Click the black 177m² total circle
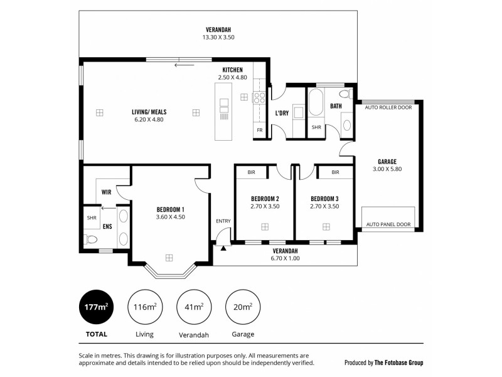[97, 307]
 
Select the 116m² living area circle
[145, 307]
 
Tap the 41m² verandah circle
[194, 307]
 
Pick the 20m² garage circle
[242, 307]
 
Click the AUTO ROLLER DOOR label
[388, 107]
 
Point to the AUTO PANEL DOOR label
[388, 224]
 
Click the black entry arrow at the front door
[223, 248]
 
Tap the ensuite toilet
[91, 239]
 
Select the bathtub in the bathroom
[316, 102]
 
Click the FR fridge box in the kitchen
[259, 131]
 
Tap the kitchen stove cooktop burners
[259, 97]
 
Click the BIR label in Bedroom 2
[251, 172]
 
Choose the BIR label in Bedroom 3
[335, 172]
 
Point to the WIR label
[106, 193]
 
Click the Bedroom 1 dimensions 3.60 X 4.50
[170, 217]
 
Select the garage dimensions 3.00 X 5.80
[387, 170]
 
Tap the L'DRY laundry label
[282, 114]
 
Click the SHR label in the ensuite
[92, 218]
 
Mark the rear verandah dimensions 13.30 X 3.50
[218, 38]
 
